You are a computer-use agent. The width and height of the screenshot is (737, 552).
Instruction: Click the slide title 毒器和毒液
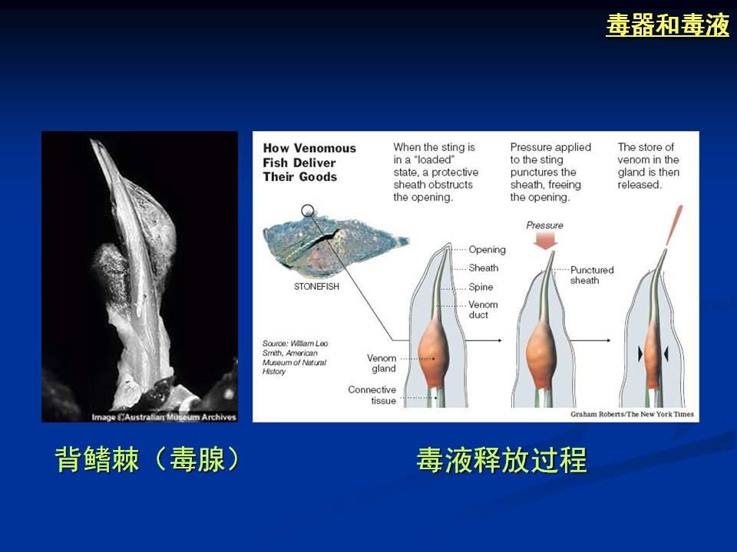click(x=667, y=25)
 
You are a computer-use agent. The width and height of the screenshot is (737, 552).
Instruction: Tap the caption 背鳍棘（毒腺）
click(x=147, y=459)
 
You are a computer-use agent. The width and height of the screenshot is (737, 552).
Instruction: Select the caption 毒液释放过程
click(x=501, y=460)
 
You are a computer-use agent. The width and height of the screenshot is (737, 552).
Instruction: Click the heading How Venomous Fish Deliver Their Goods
click(x=309, y=163)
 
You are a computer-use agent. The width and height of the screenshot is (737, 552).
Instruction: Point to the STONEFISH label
click(x=316, y=286)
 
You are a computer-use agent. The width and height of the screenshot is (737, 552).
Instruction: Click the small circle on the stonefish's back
click(x=307, y=210)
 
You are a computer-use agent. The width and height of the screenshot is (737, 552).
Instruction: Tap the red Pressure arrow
click(x=546, y=240)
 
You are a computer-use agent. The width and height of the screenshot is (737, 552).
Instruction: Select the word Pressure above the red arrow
click(x=545, y=225)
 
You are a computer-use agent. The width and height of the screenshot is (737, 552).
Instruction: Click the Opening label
click(x=487, y=250)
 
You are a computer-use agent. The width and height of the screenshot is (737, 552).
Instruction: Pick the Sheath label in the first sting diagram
click(x=483, y=268)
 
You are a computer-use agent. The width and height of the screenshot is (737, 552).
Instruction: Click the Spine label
click(x=481, y=287)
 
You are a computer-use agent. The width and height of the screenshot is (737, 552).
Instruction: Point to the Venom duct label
click(x=483, y=310)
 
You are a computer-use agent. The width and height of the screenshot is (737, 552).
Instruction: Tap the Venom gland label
click(x=382, y=363)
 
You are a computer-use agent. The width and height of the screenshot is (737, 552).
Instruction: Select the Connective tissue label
click(x=372, y=396)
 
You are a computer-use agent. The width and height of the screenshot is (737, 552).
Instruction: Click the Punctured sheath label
click(x=592, y=275)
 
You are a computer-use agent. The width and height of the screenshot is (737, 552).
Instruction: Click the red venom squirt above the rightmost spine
click(x=675, y=225)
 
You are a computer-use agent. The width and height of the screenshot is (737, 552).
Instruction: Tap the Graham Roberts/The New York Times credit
click(x=632, y=414)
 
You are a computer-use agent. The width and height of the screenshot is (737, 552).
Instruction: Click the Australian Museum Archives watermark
click(x=164, y=417)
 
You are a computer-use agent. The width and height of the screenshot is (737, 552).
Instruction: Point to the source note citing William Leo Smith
click(x=295, y=357)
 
